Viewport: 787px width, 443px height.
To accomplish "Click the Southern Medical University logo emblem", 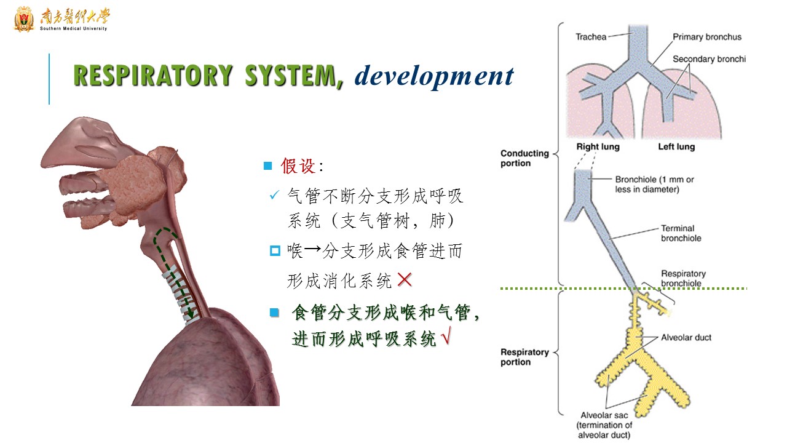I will click(24, 19).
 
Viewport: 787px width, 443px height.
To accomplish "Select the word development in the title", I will click(434, 76).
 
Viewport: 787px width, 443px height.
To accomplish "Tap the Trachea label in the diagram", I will click(590, 37).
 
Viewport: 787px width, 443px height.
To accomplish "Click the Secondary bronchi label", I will click(709, 59).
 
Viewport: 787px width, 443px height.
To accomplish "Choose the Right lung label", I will click(598, 147).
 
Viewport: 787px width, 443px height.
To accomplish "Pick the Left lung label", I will click(676, 147).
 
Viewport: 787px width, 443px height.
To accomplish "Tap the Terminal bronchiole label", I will click(681, 233).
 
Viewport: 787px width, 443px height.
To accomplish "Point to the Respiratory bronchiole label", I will click(683, 278).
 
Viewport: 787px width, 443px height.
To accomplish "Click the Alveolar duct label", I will click(686, 337).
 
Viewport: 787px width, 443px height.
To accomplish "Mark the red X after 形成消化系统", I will click(405, 281).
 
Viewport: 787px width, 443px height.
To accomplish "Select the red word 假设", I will click(298, 166).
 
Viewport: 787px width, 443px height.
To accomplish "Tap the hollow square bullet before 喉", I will click(275, 251).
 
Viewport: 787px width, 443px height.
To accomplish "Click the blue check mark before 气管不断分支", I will click(275, 196).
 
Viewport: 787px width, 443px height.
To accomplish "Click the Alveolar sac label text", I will click(606, 415).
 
